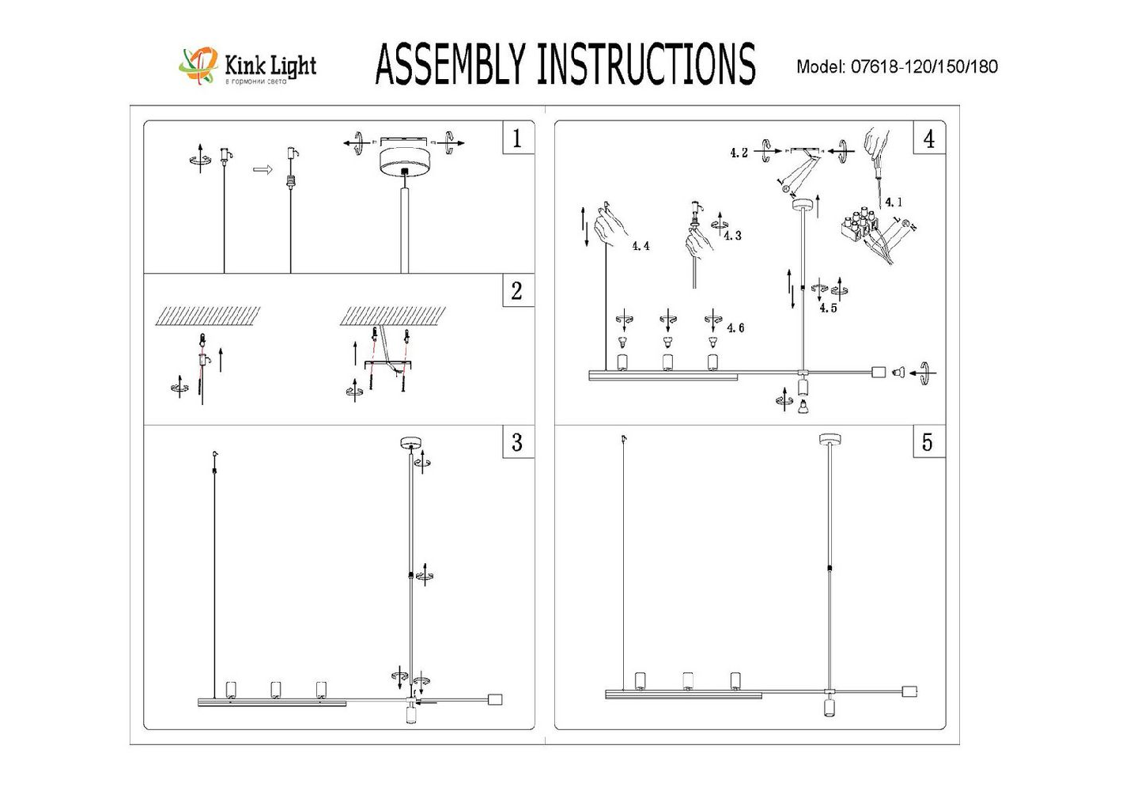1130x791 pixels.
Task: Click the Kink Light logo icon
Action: click(x=198, y=65)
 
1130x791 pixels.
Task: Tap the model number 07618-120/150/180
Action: click(x=924, y=67)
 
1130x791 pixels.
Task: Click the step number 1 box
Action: click(x=517, y=139)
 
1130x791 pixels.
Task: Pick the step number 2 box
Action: click(x=517, y=291)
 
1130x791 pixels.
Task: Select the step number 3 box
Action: click(x=517, y=443)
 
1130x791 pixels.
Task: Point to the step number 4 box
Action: click(x=928, y=139)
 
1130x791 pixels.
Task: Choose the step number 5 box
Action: click(x=928, y=443)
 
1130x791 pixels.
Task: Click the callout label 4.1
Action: click(x=893, y=202)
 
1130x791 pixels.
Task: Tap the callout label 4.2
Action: click(x=739, y=153)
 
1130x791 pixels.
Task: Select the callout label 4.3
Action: click(x=732, y=236)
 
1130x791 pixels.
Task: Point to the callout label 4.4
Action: click(x=641, y=247)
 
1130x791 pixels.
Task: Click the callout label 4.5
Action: click(x=828, y=308)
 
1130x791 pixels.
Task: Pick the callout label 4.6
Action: click(x=735, y=328)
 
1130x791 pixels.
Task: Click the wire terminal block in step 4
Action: click(x=861, y=225)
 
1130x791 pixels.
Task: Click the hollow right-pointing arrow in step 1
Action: click(x=263, y=168)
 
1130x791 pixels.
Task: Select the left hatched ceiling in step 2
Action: click(x=208, y=316)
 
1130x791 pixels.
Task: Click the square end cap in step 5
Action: click(x=909, y=691)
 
